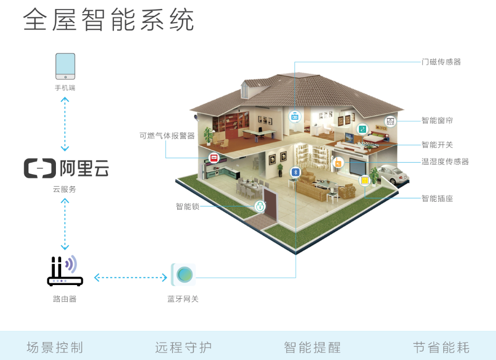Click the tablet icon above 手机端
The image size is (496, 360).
[65, 66]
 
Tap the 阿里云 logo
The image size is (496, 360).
[66, 168]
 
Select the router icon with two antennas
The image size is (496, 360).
[65, 271]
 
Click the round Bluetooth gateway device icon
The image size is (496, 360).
[184, 274]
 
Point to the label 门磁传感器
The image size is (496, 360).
[441, 62]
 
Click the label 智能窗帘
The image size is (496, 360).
[437, 120]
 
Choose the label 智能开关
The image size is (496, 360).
[437, 145]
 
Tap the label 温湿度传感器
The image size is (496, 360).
[445, 162]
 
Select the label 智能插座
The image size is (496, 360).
[437, 198]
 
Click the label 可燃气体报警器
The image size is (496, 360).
[167, 136]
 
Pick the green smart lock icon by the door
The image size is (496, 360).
[260, 206]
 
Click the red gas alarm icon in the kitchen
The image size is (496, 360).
[214, 157]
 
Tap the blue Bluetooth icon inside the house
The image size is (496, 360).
[295, 172]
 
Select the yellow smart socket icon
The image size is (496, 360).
[365, 180]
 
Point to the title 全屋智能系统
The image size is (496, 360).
[109, 20]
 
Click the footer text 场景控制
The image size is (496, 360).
[55, 347]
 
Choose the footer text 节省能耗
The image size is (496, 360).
[441, 347]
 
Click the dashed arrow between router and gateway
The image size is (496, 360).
[131, 278]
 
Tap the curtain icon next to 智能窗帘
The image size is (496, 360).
[390, 121]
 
